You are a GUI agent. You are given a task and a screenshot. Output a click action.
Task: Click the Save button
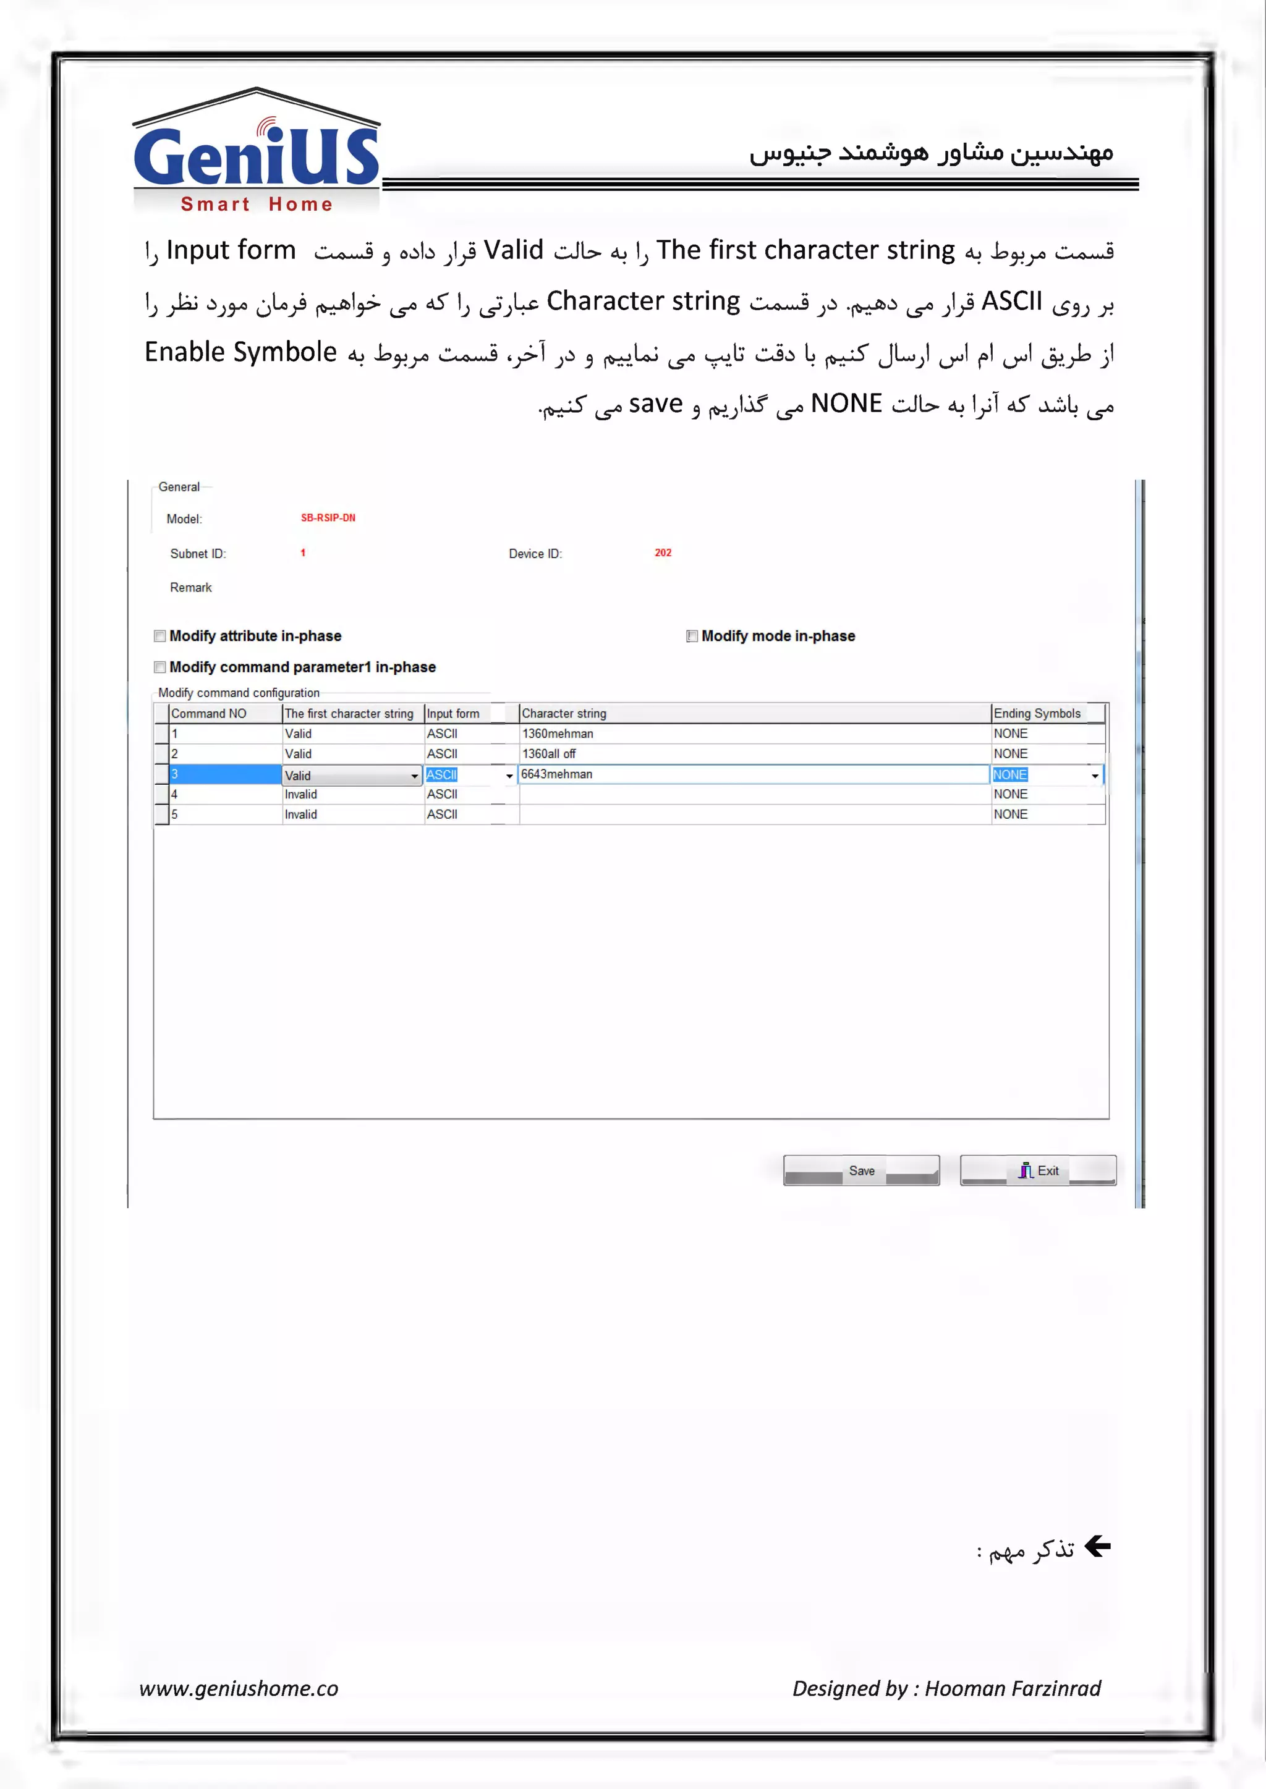(x=860, y=1170)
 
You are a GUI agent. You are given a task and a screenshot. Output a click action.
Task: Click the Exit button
(x=1038, y=1170)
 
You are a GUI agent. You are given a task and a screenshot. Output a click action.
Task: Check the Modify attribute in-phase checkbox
(x=160, y=636)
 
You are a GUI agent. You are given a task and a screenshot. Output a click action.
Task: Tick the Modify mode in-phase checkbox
(x=692, y=636)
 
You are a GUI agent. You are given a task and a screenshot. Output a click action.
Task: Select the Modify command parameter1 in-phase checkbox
(x=160, y=667)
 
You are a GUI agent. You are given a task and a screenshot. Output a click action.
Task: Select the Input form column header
(x=453, y=714)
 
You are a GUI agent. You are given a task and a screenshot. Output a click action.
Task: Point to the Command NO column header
(x=209, y=714)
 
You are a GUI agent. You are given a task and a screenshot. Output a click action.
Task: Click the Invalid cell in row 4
(x=301, y=795)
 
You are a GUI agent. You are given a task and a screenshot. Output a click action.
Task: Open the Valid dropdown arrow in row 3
(x=415, y=776)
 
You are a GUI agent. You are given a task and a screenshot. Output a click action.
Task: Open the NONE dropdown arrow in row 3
(x=1095, y=776)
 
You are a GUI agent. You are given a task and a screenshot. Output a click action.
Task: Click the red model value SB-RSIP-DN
(x=328, y=518)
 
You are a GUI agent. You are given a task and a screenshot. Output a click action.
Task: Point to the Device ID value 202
(x=663, y=552)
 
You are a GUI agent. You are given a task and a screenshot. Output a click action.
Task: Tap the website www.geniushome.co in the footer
(x=239, y=1688)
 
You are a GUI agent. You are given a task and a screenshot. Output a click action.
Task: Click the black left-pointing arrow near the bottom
(x=1098, y=1546)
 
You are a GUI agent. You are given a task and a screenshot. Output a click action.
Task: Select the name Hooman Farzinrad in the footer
(x=1013, y=1688)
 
